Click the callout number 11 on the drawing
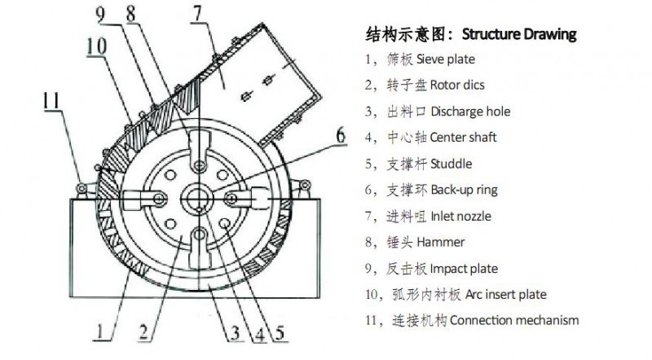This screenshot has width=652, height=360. [52, 101]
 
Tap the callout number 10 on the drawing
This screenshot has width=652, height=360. [96, 46]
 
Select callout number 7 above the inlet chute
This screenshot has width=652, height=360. [197, 14]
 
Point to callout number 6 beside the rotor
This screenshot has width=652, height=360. [341, 135]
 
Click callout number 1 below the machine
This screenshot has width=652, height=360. [99, 331]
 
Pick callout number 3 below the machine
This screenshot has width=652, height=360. [236, 333]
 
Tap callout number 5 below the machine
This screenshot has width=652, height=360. [280, 333]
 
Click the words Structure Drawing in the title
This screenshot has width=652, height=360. [519, 34]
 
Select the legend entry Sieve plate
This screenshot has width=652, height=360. [445, 59]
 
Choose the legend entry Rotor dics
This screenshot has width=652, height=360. [457, 86]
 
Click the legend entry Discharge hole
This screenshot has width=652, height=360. [470, 112]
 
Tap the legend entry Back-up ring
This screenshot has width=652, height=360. [464, 190]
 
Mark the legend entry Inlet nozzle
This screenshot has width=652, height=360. [460, 216]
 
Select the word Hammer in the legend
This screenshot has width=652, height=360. [440, 242]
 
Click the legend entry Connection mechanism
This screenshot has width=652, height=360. [514, 321]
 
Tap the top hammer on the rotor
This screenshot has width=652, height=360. [199, 150]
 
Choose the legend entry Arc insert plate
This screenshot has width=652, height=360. [505, 295]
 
